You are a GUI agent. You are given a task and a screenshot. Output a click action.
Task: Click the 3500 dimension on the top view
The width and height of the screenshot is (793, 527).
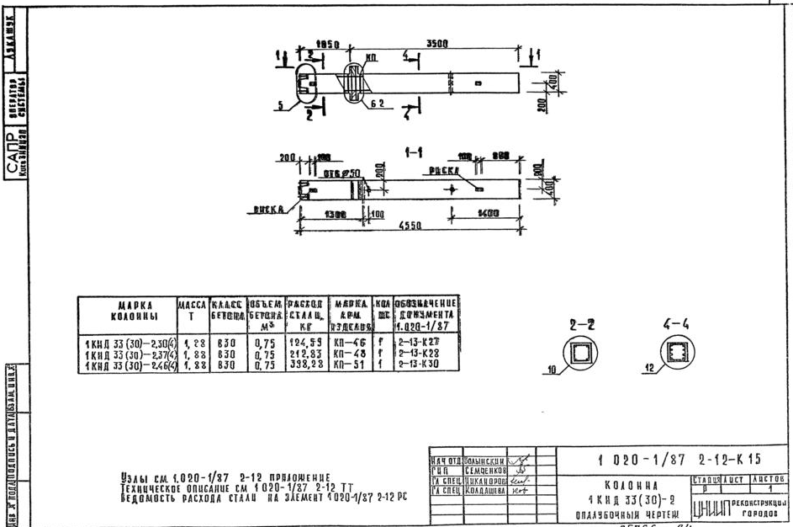(x=436, y=45)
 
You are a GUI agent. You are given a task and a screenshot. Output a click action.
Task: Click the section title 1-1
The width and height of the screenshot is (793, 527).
(x=413, y=152)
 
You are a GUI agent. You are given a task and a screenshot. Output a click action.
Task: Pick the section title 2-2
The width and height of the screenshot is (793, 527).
(x=578, y=325)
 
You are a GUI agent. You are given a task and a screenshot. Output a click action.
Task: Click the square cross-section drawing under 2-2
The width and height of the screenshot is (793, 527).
(x=578, y=354)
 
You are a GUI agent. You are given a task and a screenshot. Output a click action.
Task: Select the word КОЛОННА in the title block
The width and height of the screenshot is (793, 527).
(x=621, y=486)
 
